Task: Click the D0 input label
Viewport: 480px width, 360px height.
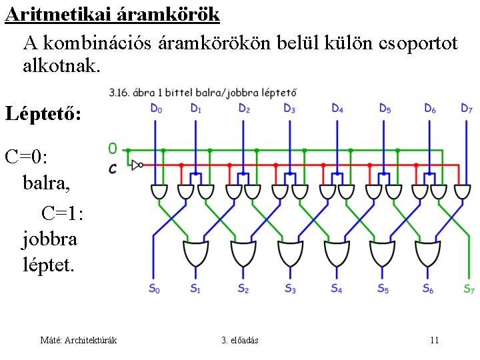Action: click(155, 108)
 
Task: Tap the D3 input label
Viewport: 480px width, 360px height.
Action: click(289, 108)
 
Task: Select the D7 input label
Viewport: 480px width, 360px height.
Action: click(467, 108)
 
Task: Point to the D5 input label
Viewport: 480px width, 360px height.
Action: click(385, 108)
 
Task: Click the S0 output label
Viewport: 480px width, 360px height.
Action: click(155, 289)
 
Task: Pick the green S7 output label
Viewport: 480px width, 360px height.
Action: click(469, 289)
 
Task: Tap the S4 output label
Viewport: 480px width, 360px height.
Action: click(336, 289)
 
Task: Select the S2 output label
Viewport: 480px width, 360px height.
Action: click(243, 289)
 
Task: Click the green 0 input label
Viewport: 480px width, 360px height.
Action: click(113, 149)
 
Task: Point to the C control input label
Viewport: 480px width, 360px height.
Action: click(113, 168)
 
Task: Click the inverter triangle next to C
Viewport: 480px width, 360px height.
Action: click(137, 165)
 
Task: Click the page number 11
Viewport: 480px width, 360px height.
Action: click(434, 341)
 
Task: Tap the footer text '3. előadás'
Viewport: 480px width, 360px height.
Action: click(240, 341)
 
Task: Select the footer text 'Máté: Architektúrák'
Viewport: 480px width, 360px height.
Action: click(79, 341)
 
